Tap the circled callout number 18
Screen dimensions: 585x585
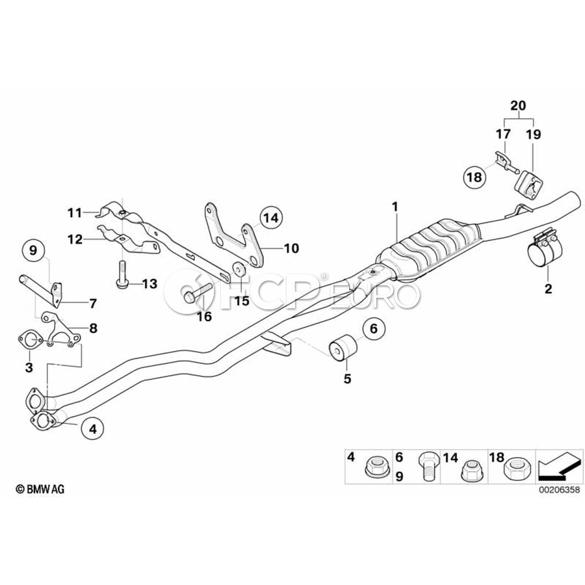pyautogui.click(x=474, y=176)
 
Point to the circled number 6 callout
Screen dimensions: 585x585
pyautogui.click(x=374, y=329)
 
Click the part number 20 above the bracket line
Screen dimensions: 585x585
pyautogui.click(x=518, y=105)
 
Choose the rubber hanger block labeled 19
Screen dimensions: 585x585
pyautogui.click(x=528, y=183)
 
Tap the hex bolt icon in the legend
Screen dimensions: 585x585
pyautogui.click(x=427, y=465)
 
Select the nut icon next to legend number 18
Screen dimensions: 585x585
pyautogui.click(x=519, y=466)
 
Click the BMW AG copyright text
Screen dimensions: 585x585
pyautogui.click(x=40, y=489)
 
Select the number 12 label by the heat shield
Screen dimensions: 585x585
pyautogui.click(x=75, y=239)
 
